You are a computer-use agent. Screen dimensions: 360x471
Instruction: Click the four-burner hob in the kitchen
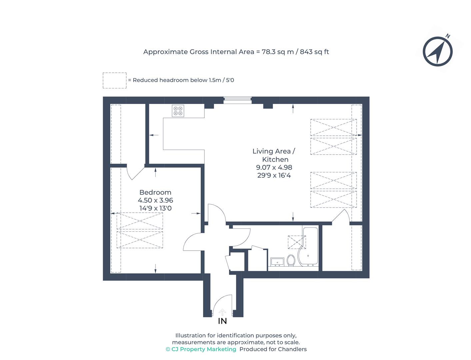point(178,111)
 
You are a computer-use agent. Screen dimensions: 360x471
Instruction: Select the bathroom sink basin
point(277,262)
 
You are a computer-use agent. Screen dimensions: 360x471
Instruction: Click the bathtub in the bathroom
point(310,247)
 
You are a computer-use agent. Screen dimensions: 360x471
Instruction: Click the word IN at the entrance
point(222,321)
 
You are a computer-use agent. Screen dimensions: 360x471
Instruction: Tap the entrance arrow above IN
point(222,312)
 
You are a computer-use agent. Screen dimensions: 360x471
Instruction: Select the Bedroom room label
point(155,192)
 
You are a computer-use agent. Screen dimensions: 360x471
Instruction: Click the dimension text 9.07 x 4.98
point(274,167)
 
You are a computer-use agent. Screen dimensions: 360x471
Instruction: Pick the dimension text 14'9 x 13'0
point(155,208)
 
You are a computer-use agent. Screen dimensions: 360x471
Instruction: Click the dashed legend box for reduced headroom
point(114,80)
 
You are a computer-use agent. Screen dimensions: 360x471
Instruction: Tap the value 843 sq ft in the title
point(314,52)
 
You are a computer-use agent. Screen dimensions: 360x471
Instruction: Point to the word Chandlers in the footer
point(292,349)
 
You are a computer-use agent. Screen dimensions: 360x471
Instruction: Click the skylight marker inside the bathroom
point(296,242)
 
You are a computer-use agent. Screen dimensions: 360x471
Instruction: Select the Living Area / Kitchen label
point(274,155)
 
